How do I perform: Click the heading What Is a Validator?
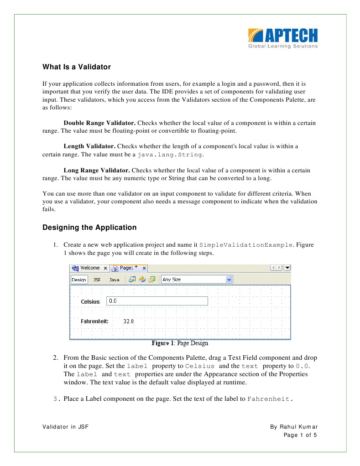pos(77,67)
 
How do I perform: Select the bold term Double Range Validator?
pos(99,123)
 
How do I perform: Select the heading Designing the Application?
pos(89,227)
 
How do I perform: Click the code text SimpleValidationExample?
pos(246,245)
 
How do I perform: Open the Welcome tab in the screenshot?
pos(90,268)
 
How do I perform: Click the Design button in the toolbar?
pos(79,280)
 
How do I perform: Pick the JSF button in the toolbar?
pos(97,280)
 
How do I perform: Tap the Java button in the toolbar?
pos(114,280)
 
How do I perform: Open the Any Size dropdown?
pos(197,279)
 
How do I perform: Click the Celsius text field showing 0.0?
pos(157,301)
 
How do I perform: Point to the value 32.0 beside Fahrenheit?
pos(129,321)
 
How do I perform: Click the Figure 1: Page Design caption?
pos(180,343)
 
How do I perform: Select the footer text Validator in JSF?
pos(65,427)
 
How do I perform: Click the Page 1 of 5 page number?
pos(300,435)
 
